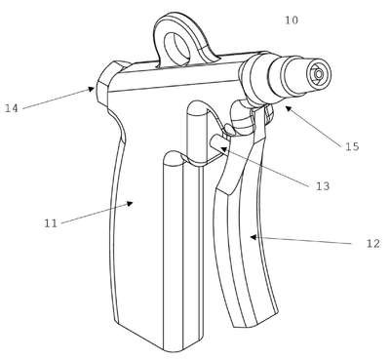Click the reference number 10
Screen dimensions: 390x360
point(292,20)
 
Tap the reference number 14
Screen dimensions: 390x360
point(12,108)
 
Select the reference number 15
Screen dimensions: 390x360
point(352,146)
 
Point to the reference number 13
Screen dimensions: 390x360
point(323,186)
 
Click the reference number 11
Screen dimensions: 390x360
point(51,223)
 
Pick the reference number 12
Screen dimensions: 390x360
point(372,243)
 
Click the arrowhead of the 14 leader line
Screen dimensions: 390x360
point(92,89)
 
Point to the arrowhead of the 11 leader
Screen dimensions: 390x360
point(130,203)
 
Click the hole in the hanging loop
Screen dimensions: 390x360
point(177,46)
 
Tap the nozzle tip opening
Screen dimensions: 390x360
point(318,74)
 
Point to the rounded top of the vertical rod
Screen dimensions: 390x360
point(197,107)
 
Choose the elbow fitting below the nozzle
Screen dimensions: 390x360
point(241,119)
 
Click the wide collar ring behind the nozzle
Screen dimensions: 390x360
point(255,78)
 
